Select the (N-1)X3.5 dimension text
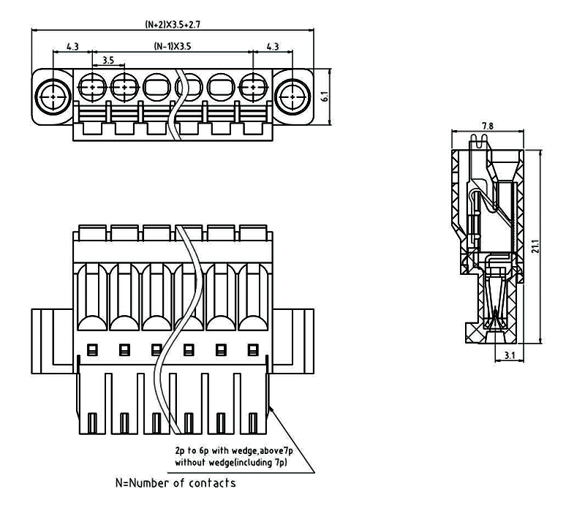173,47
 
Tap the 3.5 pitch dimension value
107,59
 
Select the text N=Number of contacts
175,484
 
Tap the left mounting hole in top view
53,94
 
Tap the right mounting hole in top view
294,94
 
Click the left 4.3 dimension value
72,47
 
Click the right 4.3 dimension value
272,47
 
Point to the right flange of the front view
293,338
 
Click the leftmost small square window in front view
91,349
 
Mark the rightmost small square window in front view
253,349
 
